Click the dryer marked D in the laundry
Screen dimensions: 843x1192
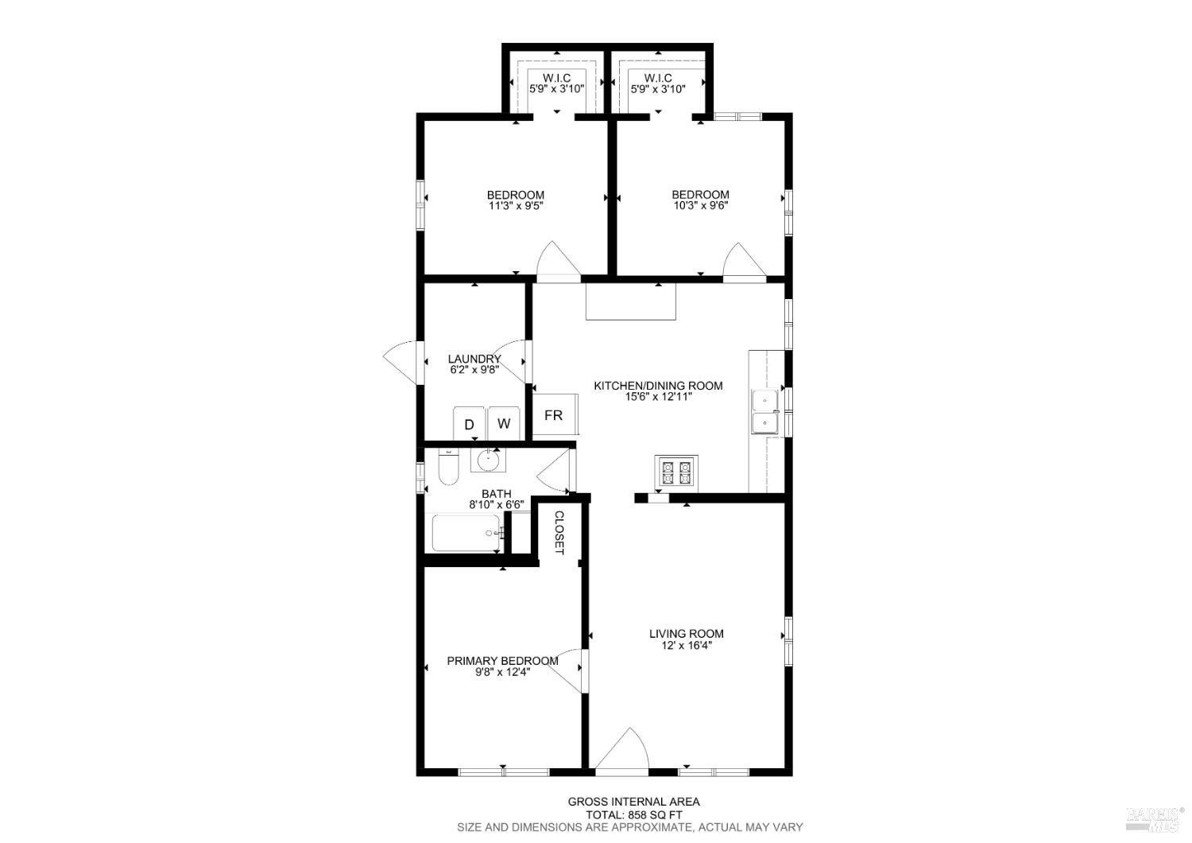click(469, 424)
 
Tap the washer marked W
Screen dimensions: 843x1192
click(504, 423)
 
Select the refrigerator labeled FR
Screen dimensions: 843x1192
click(554, 415)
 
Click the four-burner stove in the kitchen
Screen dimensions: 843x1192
click(676, 472)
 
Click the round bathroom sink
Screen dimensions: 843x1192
click(487, 459)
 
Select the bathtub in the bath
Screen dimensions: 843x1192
click(466, 533)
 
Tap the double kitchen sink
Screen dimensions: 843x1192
click(764, 411)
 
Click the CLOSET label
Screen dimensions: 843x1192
click(559, 532)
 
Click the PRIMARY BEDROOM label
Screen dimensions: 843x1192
click(502, 661)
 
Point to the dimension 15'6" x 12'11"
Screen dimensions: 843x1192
click(659, 397)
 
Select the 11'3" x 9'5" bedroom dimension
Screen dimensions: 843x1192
click(516, 206)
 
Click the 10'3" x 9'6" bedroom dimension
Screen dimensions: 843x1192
click(700, 206)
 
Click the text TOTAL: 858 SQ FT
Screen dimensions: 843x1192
click(633, 814)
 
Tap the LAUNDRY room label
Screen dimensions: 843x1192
click(474, 359)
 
